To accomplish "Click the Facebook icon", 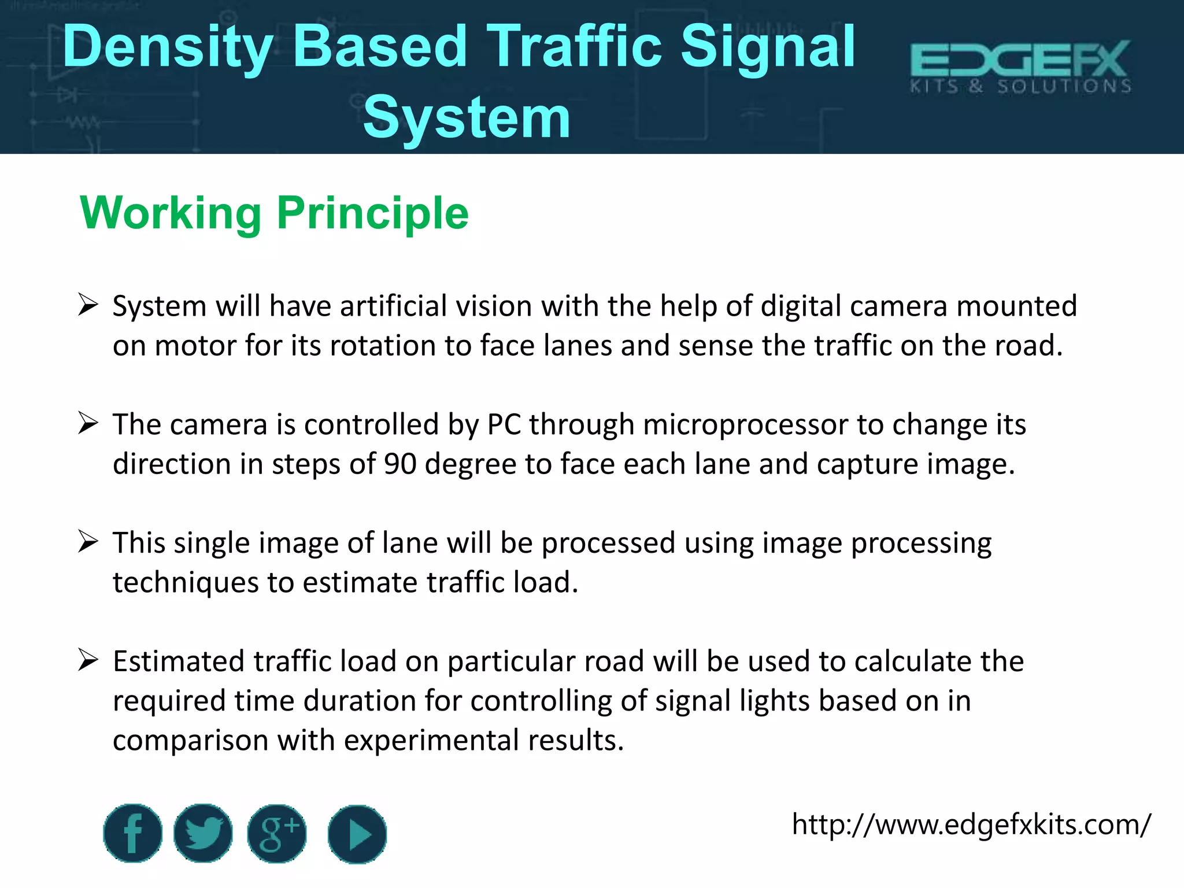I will coord(132,833).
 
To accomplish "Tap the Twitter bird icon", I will coord(203,833).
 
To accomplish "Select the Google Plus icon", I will coord(277,833).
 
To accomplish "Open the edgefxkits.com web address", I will coord(971,824).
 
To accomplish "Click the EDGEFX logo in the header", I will coord(1020,66).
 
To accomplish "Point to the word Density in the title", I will coord(168,47).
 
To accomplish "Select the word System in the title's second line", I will coord(467,118).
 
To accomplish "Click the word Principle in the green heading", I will coord(373,213).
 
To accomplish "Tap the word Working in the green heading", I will coord(171,213).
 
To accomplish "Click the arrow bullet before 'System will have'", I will coord(88,305).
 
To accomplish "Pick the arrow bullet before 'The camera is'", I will coord(88,424).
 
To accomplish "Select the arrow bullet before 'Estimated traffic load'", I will coord(88,660).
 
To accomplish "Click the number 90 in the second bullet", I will coord(400,464).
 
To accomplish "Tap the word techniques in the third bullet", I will coord(186,583).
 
